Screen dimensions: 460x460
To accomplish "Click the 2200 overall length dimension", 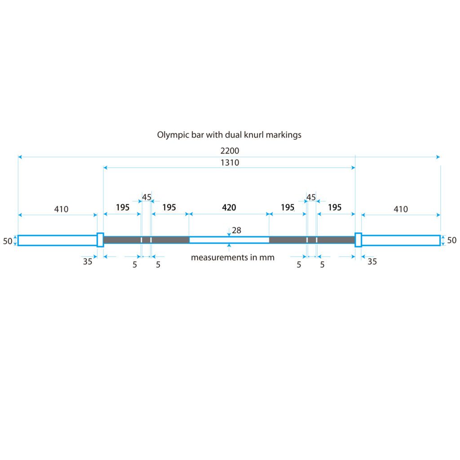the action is (x=230, y=151).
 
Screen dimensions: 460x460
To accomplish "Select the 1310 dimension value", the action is (x=230, y=163).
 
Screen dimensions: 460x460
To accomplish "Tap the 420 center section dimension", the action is (x=229, y=208).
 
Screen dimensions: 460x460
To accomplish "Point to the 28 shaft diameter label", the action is (x=236, y=230).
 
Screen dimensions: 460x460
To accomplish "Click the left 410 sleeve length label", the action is (x=61, y=209).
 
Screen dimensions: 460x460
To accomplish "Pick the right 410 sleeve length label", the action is (x=401, y=209).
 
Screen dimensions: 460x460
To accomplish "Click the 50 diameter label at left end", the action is (x=8, y=241).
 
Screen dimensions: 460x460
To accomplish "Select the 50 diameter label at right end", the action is (x=452, y=240).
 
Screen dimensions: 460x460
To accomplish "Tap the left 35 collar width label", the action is (x=88, y=261).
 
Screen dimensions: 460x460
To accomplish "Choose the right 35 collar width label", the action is (x=372, y=261).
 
